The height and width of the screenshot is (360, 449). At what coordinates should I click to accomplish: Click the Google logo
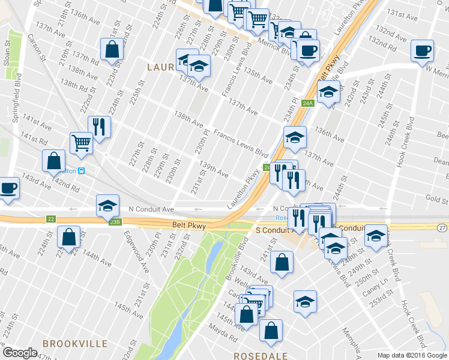(x=20, y=353)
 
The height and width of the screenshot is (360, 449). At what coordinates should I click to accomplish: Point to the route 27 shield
(x=442, y=227)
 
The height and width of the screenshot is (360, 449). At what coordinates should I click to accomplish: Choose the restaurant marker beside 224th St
(x=98, y=127)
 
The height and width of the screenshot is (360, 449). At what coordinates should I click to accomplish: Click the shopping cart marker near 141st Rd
(x=81, y=143)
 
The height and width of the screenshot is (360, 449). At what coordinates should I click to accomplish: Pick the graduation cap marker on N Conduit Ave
(x=107, y=205)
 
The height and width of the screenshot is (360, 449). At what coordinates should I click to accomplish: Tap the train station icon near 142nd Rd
(x=82, y=170)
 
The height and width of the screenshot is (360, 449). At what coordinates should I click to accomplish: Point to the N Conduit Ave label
(x=151, y=209)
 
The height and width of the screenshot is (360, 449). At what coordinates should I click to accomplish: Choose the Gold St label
(x=436, y=198)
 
